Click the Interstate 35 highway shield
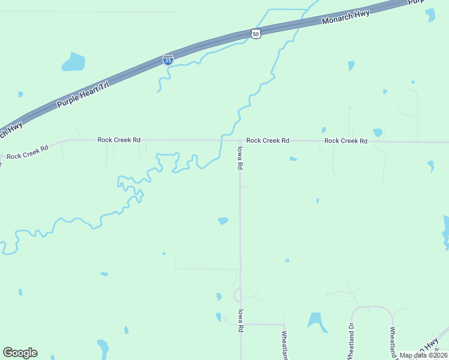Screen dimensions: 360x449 [168, 60]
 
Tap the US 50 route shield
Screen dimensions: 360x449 [256, 34]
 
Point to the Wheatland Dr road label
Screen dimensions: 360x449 [349, 341]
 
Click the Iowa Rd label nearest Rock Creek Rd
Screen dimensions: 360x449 [240, 158]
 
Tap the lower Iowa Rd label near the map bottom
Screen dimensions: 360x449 [240, 320]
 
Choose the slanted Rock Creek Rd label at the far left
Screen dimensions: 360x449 [27, 152]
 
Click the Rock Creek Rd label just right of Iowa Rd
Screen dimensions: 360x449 [268, 140]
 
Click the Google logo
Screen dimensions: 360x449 [20, 353]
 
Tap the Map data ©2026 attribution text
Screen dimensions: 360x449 [423, 355]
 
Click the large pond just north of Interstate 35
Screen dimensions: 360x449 [73, 61]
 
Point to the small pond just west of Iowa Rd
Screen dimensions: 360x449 [223, 221]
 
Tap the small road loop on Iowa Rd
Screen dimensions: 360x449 [238, 295]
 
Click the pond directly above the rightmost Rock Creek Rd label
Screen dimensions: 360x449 [378, 133]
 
